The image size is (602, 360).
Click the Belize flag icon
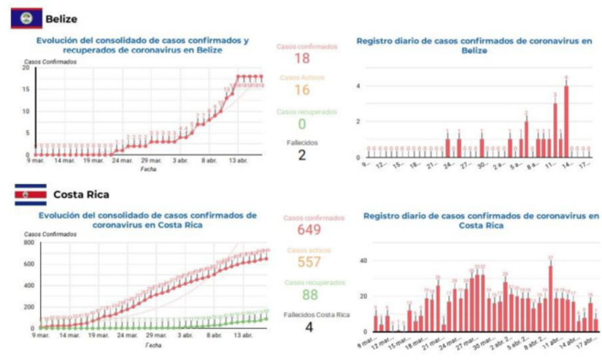tap(26, 18)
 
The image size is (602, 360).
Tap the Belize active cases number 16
tap(301, 91)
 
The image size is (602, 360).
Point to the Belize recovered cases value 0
tap(301, 124)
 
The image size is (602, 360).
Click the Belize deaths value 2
tap(301, 154)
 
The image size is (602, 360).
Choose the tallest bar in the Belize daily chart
tap(566, 120)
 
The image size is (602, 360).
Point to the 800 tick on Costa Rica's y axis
tap(28, 242)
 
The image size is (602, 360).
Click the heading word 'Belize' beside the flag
tap(61, 18)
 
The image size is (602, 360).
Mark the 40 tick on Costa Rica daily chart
tap(363, 260)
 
